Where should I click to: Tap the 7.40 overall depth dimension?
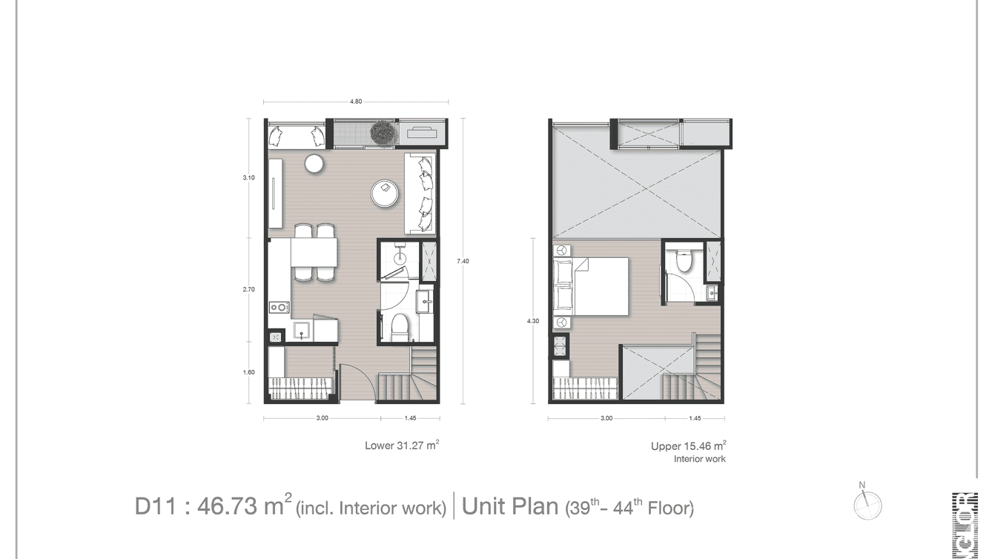click(463, 261)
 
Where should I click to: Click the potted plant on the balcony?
click(382, 133)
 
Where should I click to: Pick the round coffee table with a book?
click(386, 192)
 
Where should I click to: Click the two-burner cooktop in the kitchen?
click(279, 306)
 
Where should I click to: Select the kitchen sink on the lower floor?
click(302, 328)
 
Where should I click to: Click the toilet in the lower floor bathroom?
click(399, 326)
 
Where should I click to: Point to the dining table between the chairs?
click(314, 252)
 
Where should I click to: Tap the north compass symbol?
click(867, 506)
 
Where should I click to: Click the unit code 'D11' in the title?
click(155, 507)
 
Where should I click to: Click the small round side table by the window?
click(314, 163)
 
